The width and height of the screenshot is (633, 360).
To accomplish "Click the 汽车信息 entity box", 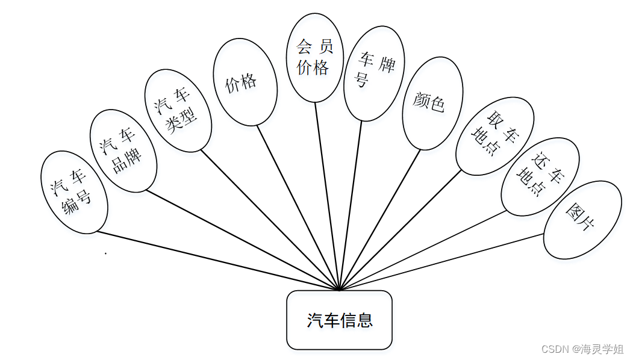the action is pyautogui.click(x=339, y=320).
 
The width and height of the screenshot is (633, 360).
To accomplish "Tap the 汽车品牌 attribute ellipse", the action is pyautogui.click(x=123, y=151).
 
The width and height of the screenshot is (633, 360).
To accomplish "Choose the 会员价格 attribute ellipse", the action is pyautogui.click(x=314, y=58).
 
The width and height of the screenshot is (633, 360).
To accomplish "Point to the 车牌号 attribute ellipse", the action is pyautogui.click(x=374, y=73).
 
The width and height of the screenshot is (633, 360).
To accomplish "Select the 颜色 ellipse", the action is pyautogui.click(x=432, y=103).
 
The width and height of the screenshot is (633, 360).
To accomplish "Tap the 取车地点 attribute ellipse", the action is pyautogui.click(x=494, y=136).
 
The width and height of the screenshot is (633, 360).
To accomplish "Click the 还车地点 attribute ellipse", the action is pyautogui.click(x=540, y=176).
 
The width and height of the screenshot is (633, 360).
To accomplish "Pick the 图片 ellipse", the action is pyautogui.click(x=582, y=220).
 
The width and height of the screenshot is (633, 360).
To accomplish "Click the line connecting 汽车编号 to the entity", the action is pyautogui.click(x=217, y=261).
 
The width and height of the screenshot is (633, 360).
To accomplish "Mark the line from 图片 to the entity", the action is pyautogui.click(x=443, y=262).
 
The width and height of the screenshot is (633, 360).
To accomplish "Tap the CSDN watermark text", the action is pyautogui.click(x=582, y=349).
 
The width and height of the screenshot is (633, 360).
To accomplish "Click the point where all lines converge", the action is pyautogui.click(x=340, y=290).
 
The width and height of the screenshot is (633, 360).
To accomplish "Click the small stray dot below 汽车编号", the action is pyautogui.click(x=106, y=253).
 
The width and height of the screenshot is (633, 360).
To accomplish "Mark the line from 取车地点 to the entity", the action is pyautogui.click(x=401, y=231).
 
